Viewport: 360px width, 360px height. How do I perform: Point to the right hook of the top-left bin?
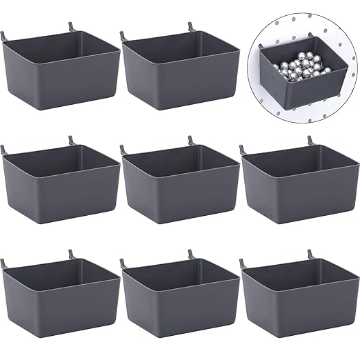(x=70, y=26)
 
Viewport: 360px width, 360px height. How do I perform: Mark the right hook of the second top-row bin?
(x=189, y=26)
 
